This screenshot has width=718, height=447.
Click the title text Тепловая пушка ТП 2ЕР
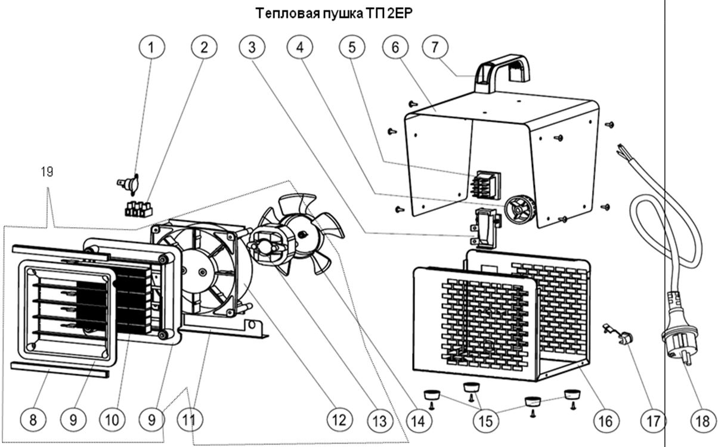click(334, 13)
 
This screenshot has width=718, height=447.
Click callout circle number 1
click(151, 48)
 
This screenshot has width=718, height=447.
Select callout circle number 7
click(435, 48)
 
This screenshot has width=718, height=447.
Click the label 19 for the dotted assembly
click(47, 172)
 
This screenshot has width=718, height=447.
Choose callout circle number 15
click(485, 421)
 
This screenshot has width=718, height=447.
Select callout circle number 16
click(606, 421)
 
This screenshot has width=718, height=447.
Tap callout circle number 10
click(113, 421)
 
